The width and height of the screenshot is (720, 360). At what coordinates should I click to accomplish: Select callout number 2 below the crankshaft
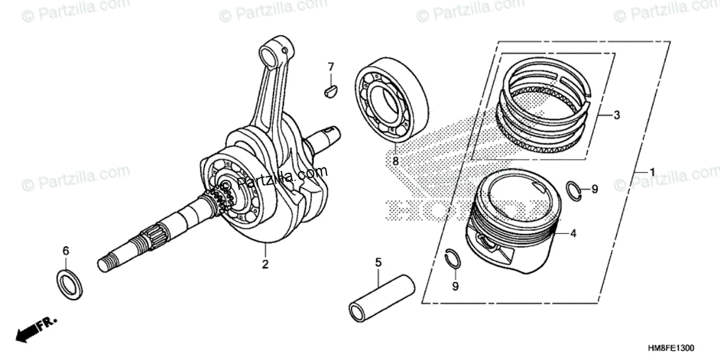pyautogui.click(x=265, y=263)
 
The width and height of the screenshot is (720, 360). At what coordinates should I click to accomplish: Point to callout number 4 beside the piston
pyautogui.click(x=573, y=234)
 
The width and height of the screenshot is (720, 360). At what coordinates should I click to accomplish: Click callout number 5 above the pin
pyautogui.click(x=378, y=262)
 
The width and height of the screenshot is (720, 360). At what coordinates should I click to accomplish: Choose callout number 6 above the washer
pyautogui.click(x=67, y=250)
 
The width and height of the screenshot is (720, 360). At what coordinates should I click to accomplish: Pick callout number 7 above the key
pyautogui.click(x=330, y=66)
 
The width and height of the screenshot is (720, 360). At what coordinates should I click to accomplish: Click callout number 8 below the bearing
pyautogui.click(x=395, y=161)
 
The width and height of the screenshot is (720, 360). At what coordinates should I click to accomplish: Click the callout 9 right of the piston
pyautogui.click(x=595, y=190)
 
